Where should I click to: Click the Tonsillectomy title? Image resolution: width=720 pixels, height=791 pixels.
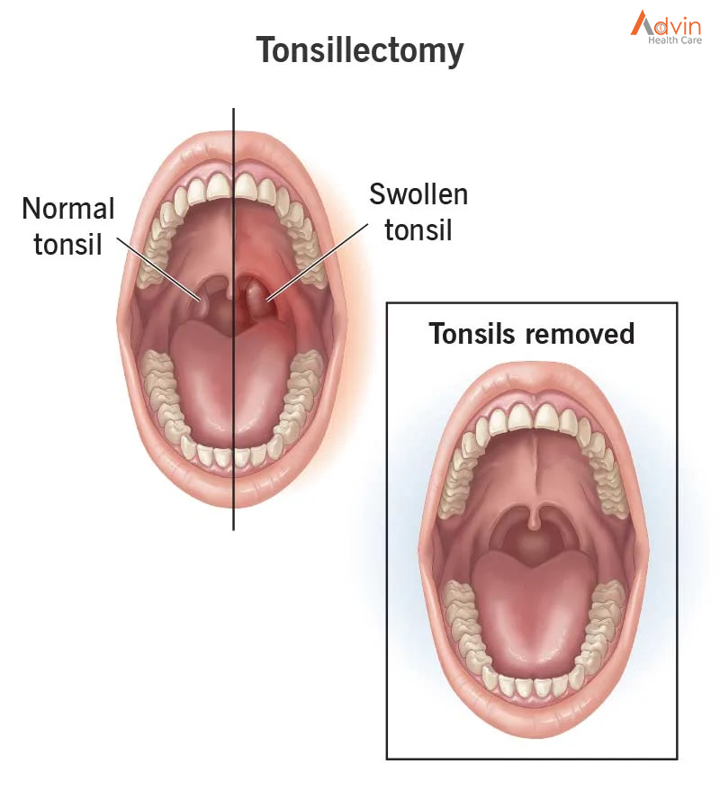(x=360, y=50)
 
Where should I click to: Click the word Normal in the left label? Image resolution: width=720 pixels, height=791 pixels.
(x=68, y=209)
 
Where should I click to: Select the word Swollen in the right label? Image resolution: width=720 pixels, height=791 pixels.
(x=418, y=194)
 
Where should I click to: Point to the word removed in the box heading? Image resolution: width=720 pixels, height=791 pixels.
(x=580, y=334)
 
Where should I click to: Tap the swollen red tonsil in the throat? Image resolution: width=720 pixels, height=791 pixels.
(x=256, y=298)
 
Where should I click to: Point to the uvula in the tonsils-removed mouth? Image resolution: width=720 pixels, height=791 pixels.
(x=533, y=517)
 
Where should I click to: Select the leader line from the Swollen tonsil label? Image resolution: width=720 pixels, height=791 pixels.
(x=318, y=263)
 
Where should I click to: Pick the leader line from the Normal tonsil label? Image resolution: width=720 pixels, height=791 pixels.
(x=159, y=269)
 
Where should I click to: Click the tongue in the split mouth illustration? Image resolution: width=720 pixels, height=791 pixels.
(x=232, y=383)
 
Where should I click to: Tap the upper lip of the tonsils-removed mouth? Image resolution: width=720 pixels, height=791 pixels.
(x=533, y=384)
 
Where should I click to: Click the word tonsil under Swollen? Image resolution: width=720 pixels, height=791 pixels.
(x=418, y=230)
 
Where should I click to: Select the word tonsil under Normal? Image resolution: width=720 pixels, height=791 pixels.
(x=67, y=245)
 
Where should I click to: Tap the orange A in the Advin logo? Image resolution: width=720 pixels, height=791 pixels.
(x=642, y=22)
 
